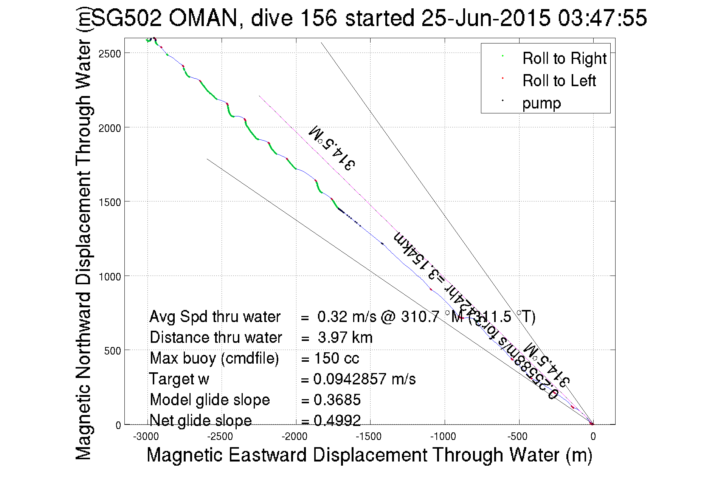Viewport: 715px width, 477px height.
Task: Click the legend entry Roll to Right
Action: (564, 58)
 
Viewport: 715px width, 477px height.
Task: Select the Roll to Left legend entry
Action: (559, 81)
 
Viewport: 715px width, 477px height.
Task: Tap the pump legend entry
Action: (541, 103)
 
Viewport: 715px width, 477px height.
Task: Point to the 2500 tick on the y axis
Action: (110, 53)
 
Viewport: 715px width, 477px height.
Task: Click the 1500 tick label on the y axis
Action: (110, 202)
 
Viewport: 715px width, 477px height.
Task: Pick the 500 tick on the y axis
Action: (112, 351)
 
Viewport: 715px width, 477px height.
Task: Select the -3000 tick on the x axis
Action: (146, 437)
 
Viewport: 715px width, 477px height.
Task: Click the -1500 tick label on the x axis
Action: (369, 437)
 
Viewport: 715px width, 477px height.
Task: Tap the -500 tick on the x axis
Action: (517, 437)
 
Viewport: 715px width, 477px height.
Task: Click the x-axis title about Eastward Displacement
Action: (369, 455)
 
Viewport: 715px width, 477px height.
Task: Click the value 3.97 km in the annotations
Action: (345, 338)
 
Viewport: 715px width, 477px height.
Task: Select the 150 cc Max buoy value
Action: (337, 358)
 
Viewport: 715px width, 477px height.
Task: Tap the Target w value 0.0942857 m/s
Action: (364, 379)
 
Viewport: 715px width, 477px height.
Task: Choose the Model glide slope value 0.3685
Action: (337, 400)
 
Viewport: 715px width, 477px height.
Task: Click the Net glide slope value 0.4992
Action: (337, 420)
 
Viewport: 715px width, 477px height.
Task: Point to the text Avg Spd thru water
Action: (215, 317)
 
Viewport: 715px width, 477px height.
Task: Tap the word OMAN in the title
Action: (203, 18)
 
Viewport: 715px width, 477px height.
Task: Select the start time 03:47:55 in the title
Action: (602, 18)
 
